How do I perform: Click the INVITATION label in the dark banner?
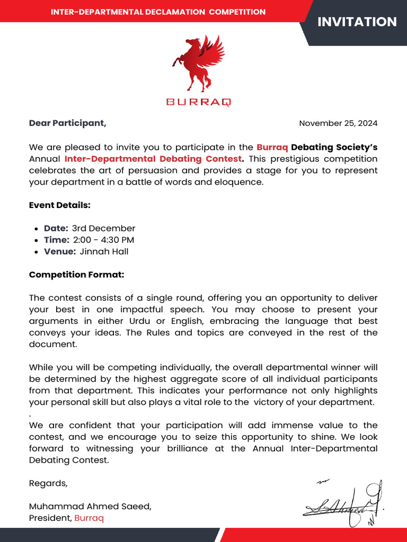(357, 22)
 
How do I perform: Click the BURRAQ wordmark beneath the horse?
(199, 102)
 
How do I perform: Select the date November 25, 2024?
(338, 123)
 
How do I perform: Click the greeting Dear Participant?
(67, 123)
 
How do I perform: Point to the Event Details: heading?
(59, 205)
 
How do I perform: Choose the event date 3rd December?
(103, 229)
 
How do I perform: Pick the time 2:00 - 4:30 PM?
(103, 240)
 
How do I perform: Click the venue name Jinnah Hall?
(104, 251)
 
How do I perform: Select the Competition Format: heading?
(76, 275)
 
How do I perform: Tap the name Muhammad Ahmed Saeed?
(90, 506)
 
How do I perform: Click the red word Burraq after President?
(89, 518)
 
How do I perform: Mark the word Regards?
(48, 483)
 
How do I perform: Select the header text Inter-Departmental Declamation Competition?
(158, 12)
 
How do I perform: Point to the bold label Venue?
(60, 251)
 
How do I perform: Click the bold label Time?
(56, 240)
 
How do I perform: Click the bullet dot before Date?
(36, 229)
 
